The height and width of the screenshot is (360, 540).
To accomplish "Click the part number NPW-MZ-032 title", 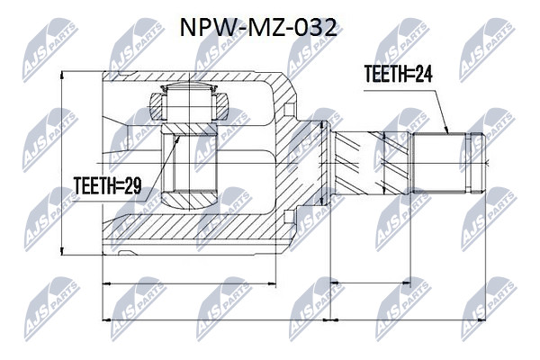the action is [x=258, y=28].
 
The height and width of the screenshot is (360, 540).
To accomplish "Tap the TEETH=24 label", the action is [x=399, y=74].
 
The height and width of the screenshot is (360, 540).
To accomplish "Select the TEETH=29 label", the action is [x=108, y=186].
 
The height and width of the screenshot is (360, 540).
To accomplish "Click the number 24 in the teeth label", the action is [x=423, y=74].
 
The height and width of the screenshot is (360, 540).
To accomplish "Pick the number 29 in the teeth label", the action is [x=132, y=186].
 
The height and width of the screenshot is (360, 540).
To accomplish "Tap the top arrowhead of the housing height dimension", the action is [x=61, y=76].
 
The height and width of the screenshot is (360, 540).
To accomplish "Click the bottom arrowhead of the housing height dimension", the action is [x=61, y=251].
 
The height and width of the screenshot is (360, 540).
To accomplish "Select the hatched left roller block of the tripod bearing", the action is [x=156, y=106].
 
